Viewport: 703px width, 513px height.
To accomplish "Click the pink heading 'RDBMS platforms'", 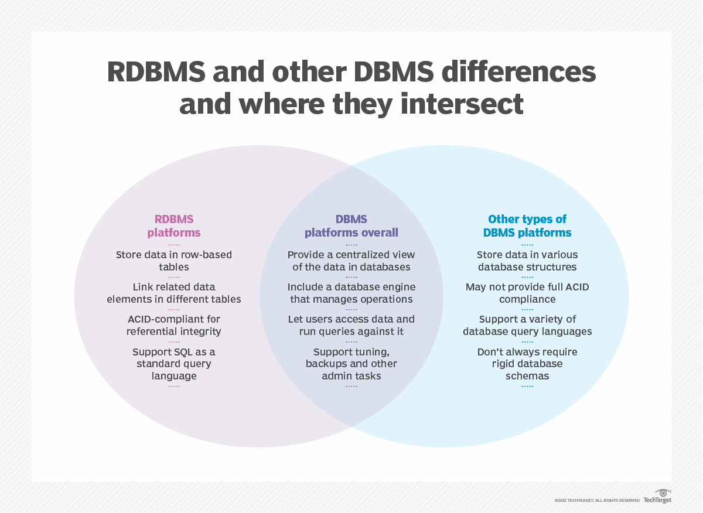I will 173,226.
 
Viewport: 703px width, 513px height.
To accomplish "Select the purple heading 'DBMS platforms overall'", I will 351,226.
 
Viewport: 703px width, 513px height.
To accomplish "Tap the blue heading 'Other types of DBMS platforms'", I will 527,226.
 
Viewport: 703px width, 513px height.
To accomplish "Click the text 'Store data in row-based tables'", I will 173,261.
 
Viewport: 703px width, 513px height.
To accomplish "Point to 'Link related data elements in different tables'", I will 173,293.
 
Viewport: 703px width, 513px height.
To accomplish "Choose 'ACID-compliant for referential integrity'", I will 173,325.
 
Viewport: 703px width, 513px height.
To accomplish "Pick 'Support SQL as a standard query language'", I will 173,364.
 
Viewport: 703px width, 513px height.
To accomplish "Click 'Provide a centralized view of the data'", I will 351,261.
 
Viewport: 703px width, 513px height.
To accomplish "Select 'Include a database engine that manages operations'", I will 351,293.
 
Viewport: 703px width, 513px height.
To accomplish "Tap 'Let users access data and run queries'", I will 351,325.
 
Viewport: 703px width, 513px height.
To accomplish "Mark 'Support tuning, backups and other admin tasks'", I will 351,364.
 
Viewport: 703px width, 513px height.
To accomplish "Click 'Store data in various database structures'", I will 527,261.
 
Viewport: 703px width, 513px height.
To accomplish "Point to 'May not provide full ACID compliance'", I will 527,293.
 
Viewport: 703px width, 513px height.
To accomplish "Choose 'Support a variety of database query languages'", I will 527,325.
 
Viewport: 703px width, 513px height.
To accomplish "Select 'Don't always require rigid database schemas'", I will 527,364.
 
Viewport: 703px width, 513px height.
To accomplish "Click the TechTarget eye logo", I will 663,493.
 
